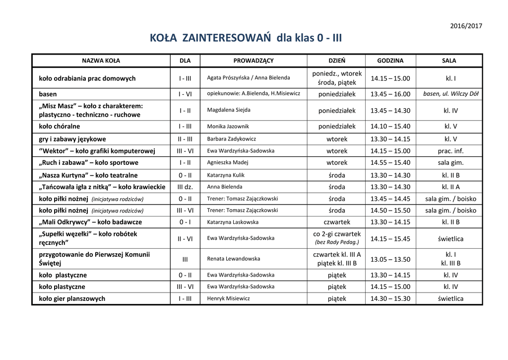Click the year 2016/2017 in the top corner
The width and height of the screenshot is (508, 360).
(x=466, y=26)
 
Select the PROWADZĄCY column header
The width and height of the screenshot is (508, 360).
(x=254, y=61)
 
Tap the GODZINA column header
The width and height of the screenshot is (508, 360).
(x=390, y=61)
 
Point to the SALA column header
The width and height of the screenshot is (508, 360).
(x=449, y=61)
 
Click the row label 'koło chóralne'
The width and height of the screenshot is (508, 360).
(x=60, y=126)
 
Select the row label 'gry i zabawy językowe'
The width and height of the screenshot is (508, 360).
(x=72, y=139)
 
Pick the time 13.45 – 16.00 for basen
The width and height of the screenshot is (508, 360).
(x=390, y=94)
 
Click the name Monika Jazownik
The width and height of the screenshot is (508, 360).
(x=228, y=127)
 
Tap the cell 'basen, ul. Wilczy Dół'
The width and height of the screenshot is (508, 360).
(x=451, y=94)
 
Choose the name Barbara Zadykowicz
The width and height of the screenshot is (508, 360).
(x=232, y=139)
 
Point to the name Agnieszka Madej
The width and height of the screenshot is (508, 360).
(x=228, y=162)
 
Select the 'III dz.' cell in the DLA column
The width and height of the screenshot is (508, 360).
(x=185, y=187)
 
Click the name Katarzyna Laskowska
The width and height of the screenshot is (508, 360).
(x=233, y=222)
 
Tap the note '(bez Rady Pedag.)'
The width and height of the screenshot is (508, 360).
(x=337, y=242)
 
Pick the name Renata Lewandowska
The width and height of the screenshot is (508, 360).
(x=233, y=259)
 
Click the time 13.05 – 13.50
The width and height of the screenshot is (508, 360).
(x=390, y=259)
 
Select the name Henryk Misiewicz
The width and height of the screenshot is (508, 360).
(x=229, y=298)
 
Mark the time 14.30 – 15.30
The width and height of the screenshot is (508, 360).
(x=390, y=298)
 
